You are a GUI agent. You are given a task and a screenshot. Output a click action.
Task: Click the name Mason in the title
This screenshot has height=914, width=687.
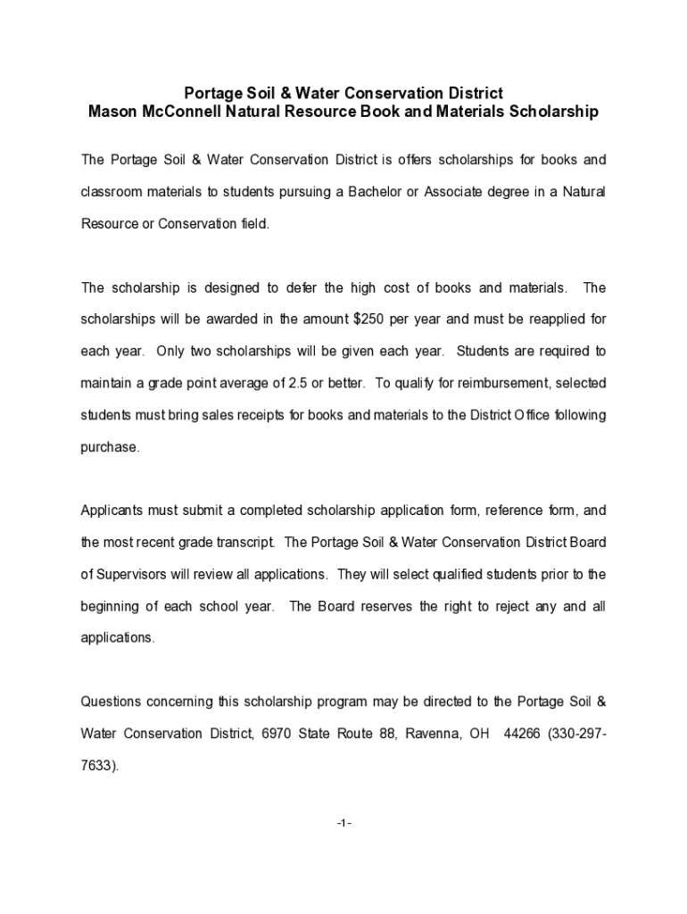[x=111, y=112]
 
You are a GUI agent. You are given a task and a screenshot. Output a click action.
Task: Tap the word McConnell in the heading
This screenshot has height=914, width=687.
[x=178, y=112]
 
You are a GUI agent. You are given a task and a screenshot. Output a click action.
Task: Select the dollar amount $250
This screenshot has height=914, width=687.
[x=370, y=320]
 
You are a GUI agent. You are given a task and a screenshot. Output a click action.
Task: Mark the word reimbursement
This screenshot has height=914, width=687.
[x=492, y=383]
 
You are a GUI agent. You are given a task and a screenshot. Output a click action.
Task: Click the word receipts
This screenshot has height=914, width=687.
[x=234, y=415]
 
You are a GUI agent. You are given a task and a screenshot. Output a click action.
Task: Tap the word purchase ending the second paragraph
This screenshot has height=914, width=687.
[x=109, y=447]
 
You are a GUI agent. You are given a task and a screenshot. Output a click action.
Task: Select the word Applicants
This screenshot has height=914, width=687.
[x=111, y=511]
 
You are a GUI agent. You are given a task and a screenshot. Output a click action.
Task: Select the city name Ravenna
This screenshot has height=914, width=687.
[x=432, y=734]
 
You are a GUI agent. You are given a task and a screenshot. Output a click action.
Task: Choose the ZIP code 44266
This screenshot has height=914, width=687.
[x=522, y=734]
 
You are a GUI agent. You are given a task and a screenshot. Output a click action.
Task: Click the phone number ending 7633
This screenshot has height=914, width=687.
[x=96, y=766]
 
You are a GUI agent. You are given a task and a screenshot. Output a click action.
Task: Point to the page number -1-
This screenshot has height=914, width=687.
[x=344, y=823]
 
